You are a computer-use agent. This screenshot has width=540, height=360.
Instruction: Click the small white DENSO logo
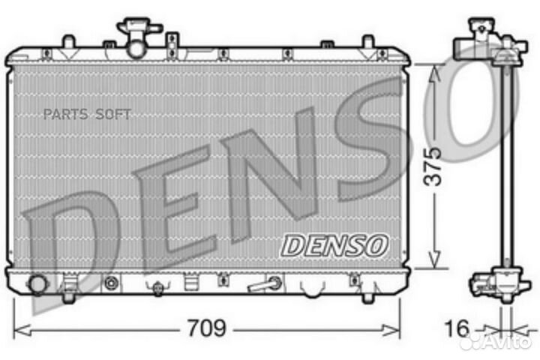tap(334, 244)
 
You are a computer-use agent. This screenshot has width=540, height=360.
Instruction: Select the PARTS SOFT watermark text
tap(87, 114)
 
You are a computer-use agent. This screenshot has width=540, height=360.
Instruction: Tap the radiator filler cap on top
tap(138, 30)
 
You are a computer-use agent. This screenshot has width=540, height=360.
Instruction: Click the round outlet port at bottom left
tap(36, 285)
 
